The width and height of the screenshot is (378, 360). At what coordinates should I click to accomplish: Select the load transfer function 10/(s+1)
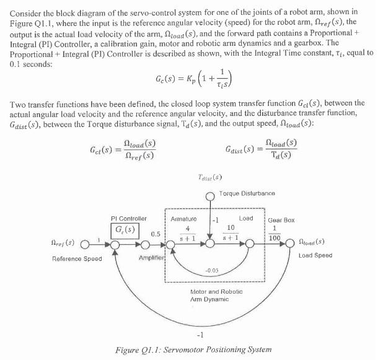(230, 233)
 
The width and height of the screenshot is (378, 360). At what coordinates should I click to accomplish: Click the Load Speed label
(315, 255)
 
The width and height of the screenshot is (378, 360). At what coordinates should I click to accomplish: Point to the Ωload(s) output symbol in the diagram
(312, 243)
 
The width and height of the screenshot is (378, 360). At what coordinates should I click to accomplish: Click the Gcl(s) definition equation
(121, 150)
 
